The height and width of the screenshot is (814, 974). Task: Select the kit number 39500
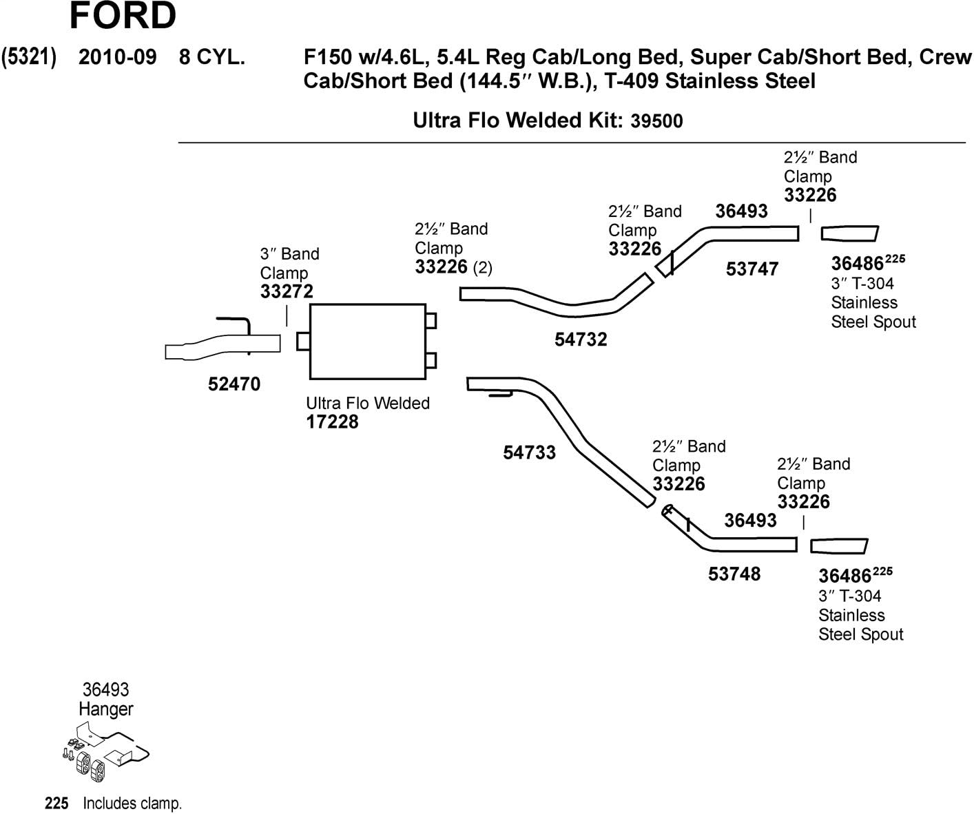(656, 121)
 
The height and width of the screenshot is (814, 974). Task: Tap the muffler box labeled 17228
(367, 342)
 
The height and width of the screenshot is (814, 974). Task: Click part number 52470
(234, 384)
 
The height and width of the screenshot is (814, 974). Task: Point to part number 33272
(287, 291)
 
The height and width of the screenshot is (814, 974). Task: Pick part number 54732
(581, 339)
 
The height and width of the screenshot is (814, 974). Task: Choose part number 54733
(529, 452)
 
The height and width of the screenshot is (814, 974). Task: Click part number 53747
(752, 269)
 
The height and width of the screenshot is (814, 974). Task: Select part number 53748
(734, 574)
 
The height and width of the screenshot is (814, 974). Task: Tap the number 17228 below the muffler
(332, 421)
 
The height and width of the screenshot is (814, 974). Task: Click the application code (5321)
(29, 56)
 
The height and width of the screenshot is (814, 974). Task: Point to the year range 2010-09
(118, 56)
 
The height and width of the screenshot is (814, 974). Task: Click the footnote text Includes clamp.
(132, 803)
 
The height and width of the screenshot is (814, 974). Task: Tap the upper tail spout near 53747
(849, 233)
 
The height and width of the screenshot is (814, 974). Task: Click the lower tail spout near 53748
(838, 546)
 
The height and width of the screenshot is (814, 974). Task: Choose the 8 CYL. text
(211, 56)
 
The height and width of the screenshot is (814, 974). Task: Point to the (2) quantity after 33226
(482, 267)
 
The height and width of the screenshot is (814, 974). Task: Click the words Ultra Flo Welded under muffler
(368, 403)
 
